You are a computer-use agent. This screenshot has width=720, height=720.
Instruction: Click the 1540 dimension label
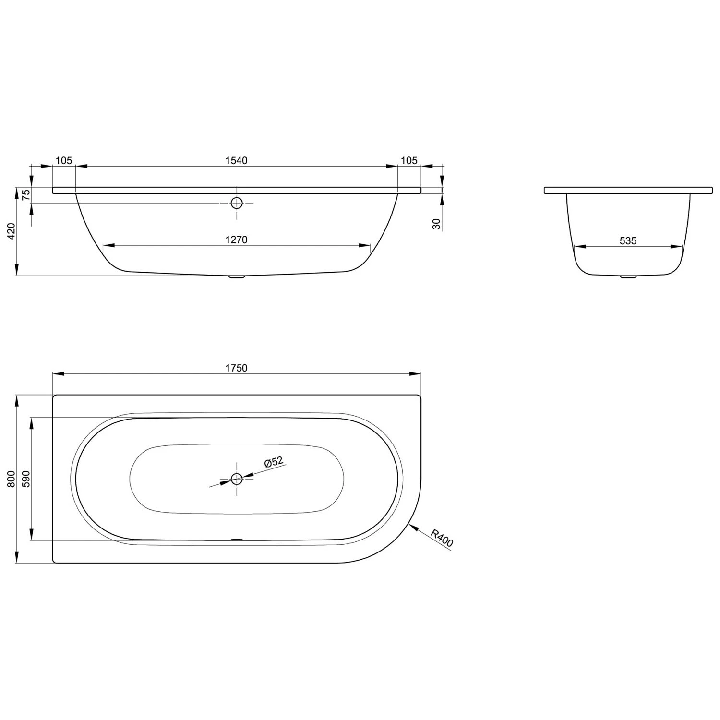coord(236,161)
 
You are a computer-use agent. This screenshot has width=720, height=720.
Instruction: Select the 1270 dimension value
coord(236,240)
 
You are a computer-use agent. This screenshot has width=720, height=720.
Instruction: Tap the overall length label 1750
coord(236,368)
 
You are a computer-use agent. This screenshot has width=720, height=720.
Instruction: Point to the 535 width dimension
coord(628,241)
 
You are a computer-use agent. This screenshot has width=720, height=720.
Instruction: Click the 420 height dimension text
coord(12,231)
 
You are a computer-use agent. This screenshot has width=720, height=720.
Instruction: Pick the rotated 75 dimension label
coord(26,194)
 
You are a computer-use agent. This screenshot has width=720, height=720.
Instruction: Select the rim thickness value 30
coord(436,224)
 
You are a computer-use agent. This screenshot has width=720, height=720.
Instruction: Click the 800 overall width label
coord(12,479)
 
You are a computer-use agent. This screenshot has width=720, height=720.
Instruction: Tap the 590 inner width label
coord(26,479)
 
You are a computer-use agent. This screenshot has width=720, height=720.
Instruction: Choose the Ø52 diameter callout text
coord(274,462)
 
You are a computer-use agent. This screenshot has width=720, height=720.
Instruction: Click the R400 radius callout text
coord(442,538)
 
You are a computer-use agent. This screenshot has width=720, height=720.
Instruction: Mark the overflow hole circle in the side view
coord(237,203)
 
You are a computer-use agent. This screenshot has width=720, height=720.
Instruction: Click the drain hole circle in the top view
coord(237,479)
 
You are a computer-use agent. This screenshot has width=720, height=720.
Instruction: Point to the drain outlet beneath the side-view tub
coord(237,277)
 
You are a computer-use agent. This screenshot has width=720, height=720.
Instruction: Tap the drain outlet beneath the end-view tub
coord(628,277)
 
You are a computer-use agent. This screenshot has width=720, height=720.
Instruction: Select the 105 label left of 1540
coord(64,161)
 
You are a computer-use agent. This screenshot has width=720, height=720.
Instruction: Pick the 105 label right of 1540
coord(409,161)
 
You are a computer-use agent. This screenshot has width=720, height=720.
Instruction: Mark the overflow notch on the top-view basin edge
coord(237,539)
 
